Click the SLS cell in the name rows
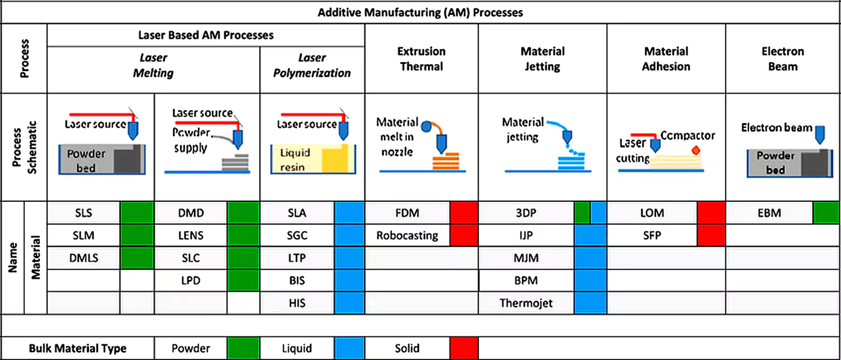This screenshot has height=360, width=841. point(84,213)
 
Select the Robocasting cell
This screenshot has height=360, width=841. point(407,236)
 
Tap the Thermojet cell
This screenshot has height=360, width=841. point(526,303)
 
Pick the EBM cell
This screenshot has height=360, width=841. point(769,213)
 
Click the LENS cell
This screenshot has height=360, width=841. point(191,236)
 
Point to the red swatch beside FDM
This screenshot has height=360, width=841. point(464,213)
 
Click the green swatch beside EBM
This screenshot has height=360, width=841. point(826,213)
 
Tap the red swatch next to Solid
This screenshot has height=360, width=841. point(464,348)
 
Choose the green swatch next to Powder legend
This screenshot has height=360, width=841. point(243,348)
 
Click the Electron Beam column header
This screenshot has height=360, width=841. point(783,59)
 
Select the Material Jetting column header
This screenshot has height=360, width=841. point(542,59)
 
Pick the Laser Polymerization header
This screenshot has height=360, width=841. point(312,66)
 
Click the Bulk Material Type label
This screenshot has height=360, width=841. point(78,348)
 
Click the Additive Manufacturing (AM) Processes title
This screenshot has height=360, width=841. point(420,12)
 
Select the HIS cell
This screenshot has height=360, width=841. point(296,303)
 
